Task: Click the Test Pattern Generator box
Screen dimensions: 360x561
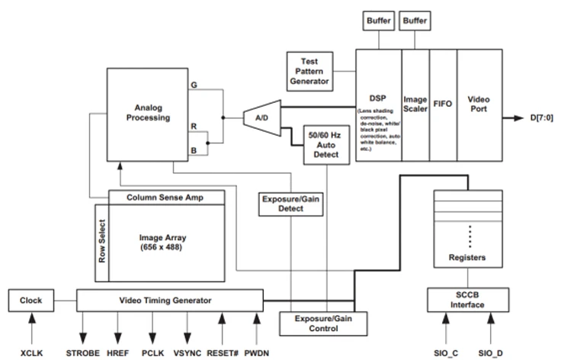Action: [309, 69]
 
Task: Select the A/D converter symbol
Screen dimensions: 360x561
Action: [259, 117]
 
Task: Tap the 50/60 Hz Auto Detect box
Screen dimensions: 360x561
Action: [325, 143]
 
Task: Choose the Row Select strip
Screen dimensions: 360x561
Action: [102, 243]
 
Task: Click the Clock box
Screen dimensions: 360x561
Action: [31, 301]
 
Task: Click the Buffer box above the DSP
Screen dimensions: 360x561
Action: [380, 20]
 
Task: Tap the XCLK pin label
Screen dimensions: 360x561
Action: [31, 352]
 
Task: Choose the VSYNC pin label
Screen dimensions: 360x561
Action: [188, 352]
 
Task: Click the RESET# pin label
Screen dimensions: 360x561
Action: [223, 352]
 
